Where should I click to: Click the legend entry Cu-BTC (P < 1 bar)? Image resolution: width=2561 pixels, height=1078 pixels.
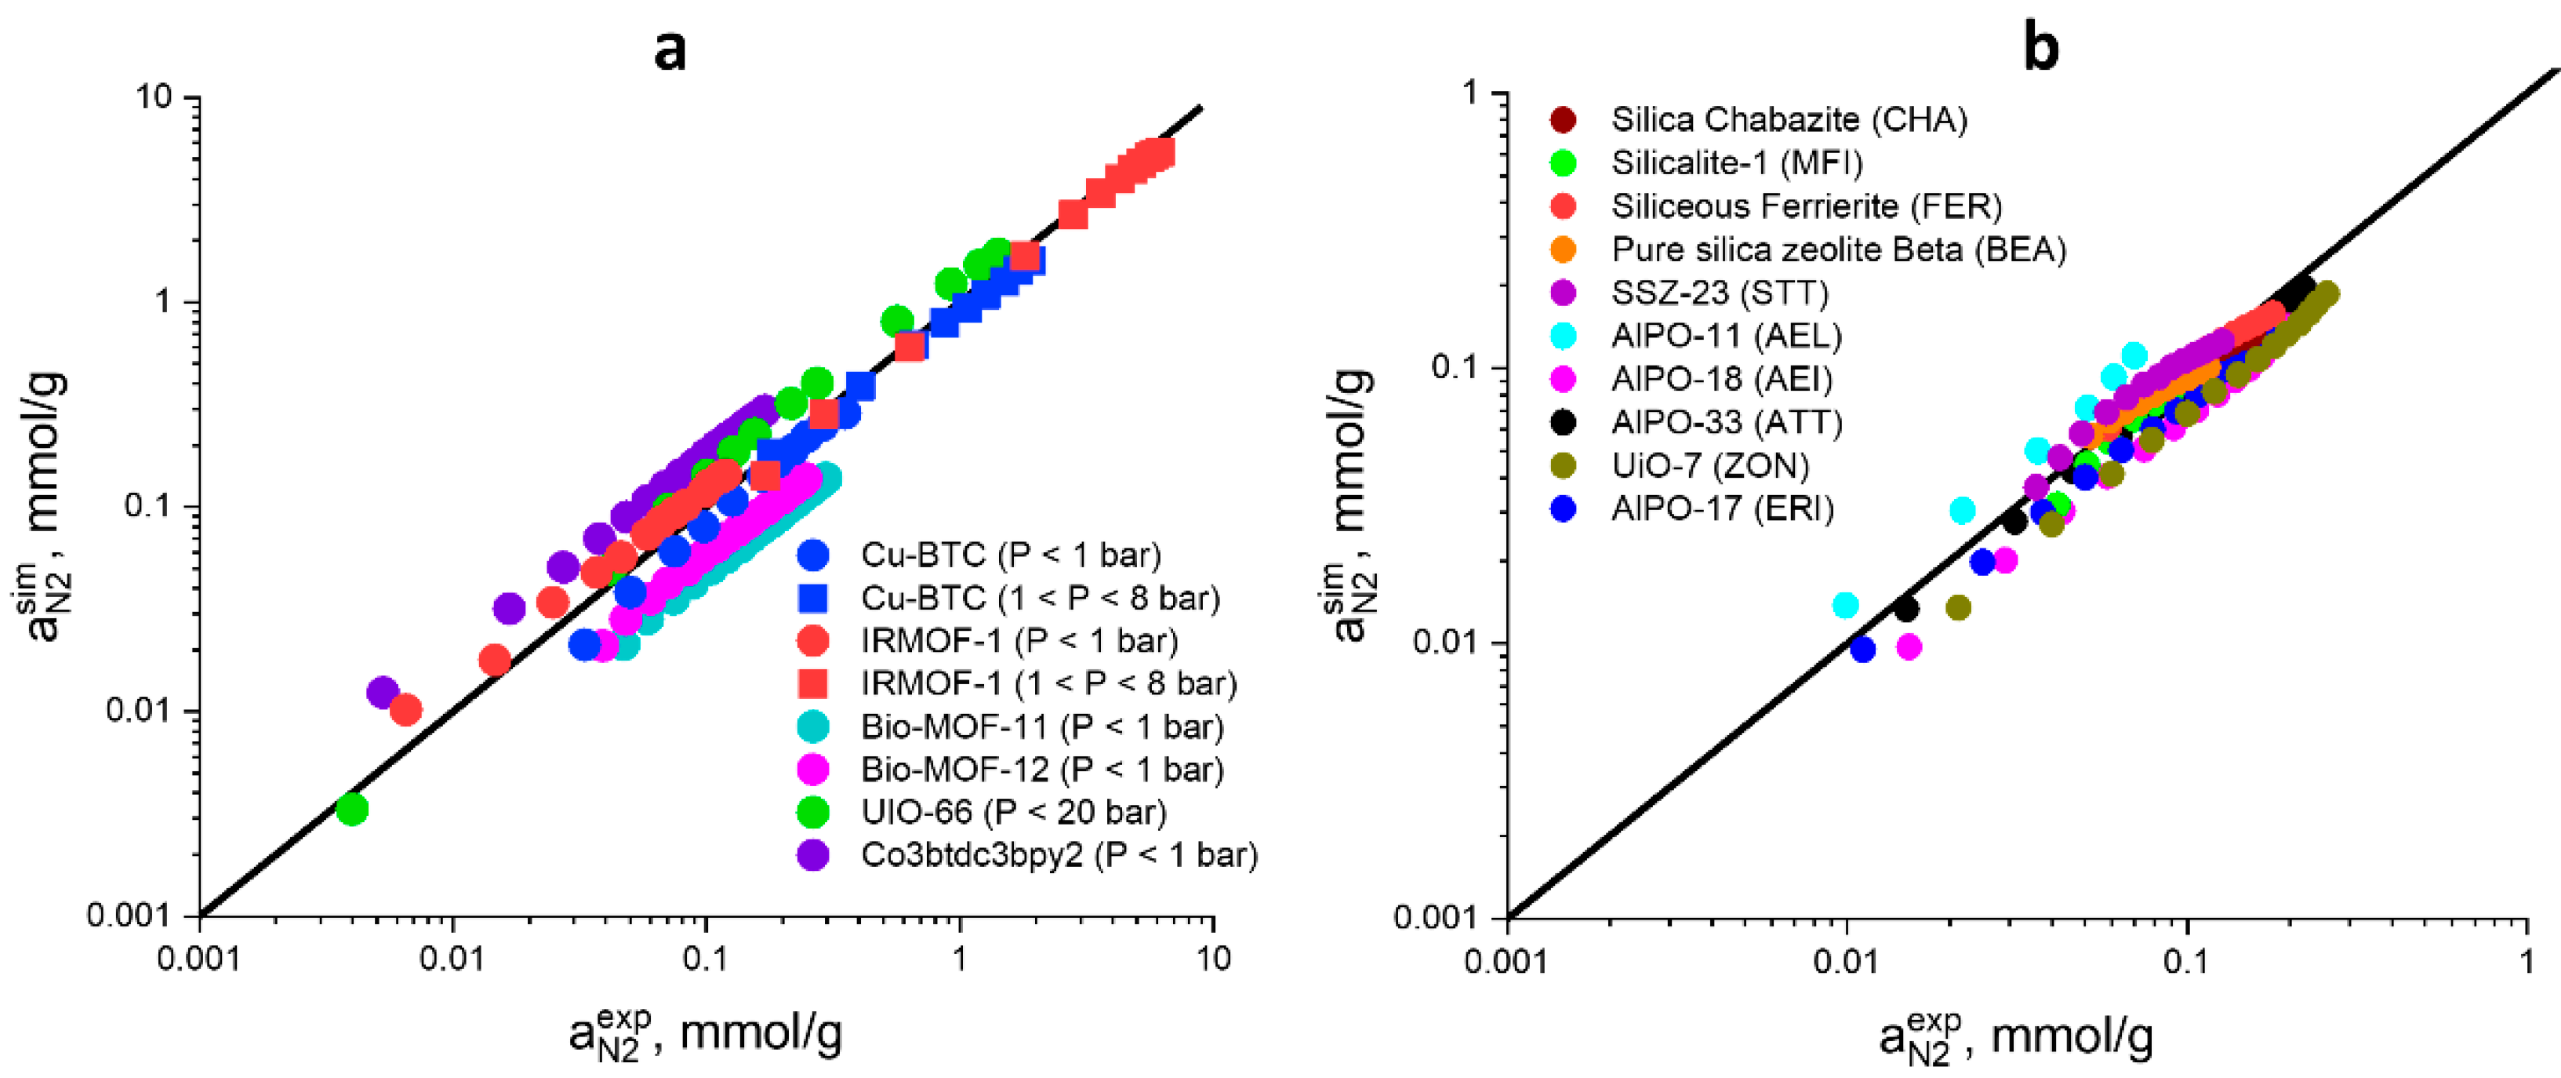coord(1010,554)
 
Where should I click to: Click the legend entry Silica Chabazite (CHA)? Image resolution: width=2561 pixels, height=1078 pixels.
coord(1789,119)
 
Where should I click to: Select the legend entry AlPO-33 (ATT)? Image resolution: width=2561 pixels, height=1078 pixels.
coord(1726,423)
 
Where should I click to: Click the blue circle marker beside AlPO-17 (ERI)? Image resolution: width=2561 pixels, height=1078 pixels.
coord(1563,509)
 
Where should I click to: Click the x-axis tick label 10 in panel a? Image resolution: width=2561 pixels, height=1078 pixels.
coord(1212,959)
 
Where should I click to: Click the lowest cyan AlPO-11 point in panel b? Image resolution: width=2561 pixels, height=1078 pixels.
coord(1845,605)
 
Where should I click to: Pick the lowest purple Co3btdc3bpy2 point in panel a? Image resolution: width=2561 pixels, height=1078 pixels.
coord(383,692)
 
